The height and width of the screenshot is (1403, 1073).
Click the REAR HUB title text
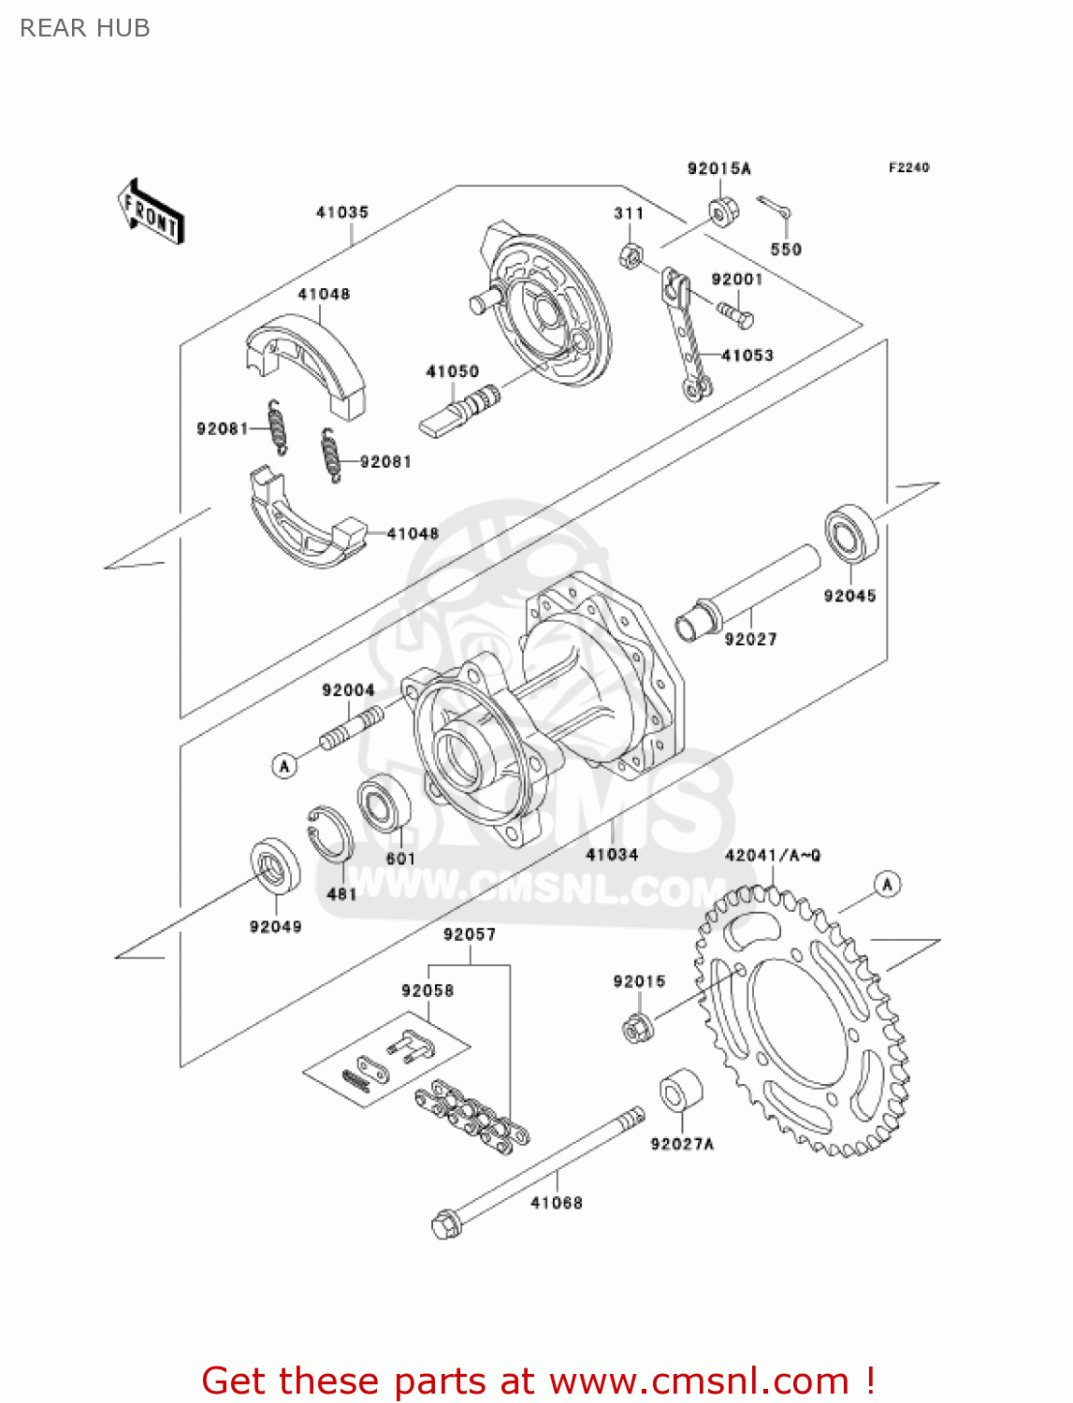pos(84,28)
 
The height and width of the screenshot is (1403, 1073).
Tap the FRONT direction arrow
pos(150,212)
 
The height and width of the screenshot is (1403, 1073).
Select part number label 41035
pos(342,212)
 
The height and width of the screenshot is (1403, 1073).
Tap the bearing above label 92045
pos(849,534)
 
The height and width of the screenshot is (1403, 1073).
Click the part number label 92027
pos(750,639)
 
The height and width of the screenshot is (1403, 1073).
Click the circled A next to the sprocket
pos(887,884)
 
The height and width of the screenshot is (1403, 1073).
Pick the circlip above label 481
pos(330,832)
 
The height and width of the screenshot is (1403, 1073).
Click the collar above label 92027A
pos(681,1091)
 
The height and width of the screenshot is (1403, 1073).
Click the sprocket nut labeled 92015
pos(637,1028)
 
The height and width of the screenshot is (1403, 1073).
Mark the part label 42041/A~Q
pos(773,855)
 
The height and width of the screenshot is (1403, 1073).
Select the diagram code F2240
pos(908,167)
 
